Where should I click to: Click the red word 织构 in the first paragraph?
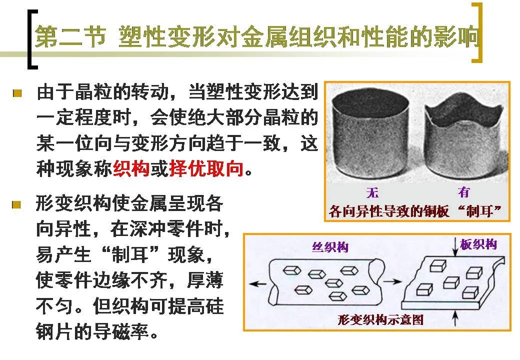pyautogui.click(x=131, y=169)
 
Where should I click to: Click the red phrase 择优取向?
pyautogui.click(x=206, y=169)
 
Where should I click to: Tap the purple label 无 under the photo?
pyautogui.click(x=372, y=192)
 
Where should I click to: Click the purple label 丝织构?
pyautogui.click(x=330, y=247)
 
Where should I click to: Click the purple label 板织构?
pyautogui.click(x=478, y=244)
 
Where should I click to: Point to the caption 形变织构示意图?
pyautogui.click(x=380, y=320)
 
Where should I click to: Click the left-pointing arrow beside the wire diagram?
pyautogui.click(x=257, y=284)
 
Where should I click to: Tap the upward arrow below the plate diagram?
pyautogui.click(x=455, y=318)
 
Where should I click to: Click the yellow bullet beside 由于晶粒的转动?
pyautogui.click(x=17, y=93)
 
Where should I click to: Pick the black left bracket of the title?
pyautogui.click(x=32, y=39)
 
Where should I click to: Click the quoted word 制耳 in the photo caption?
pyautogui.click(x=479, y=211)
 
